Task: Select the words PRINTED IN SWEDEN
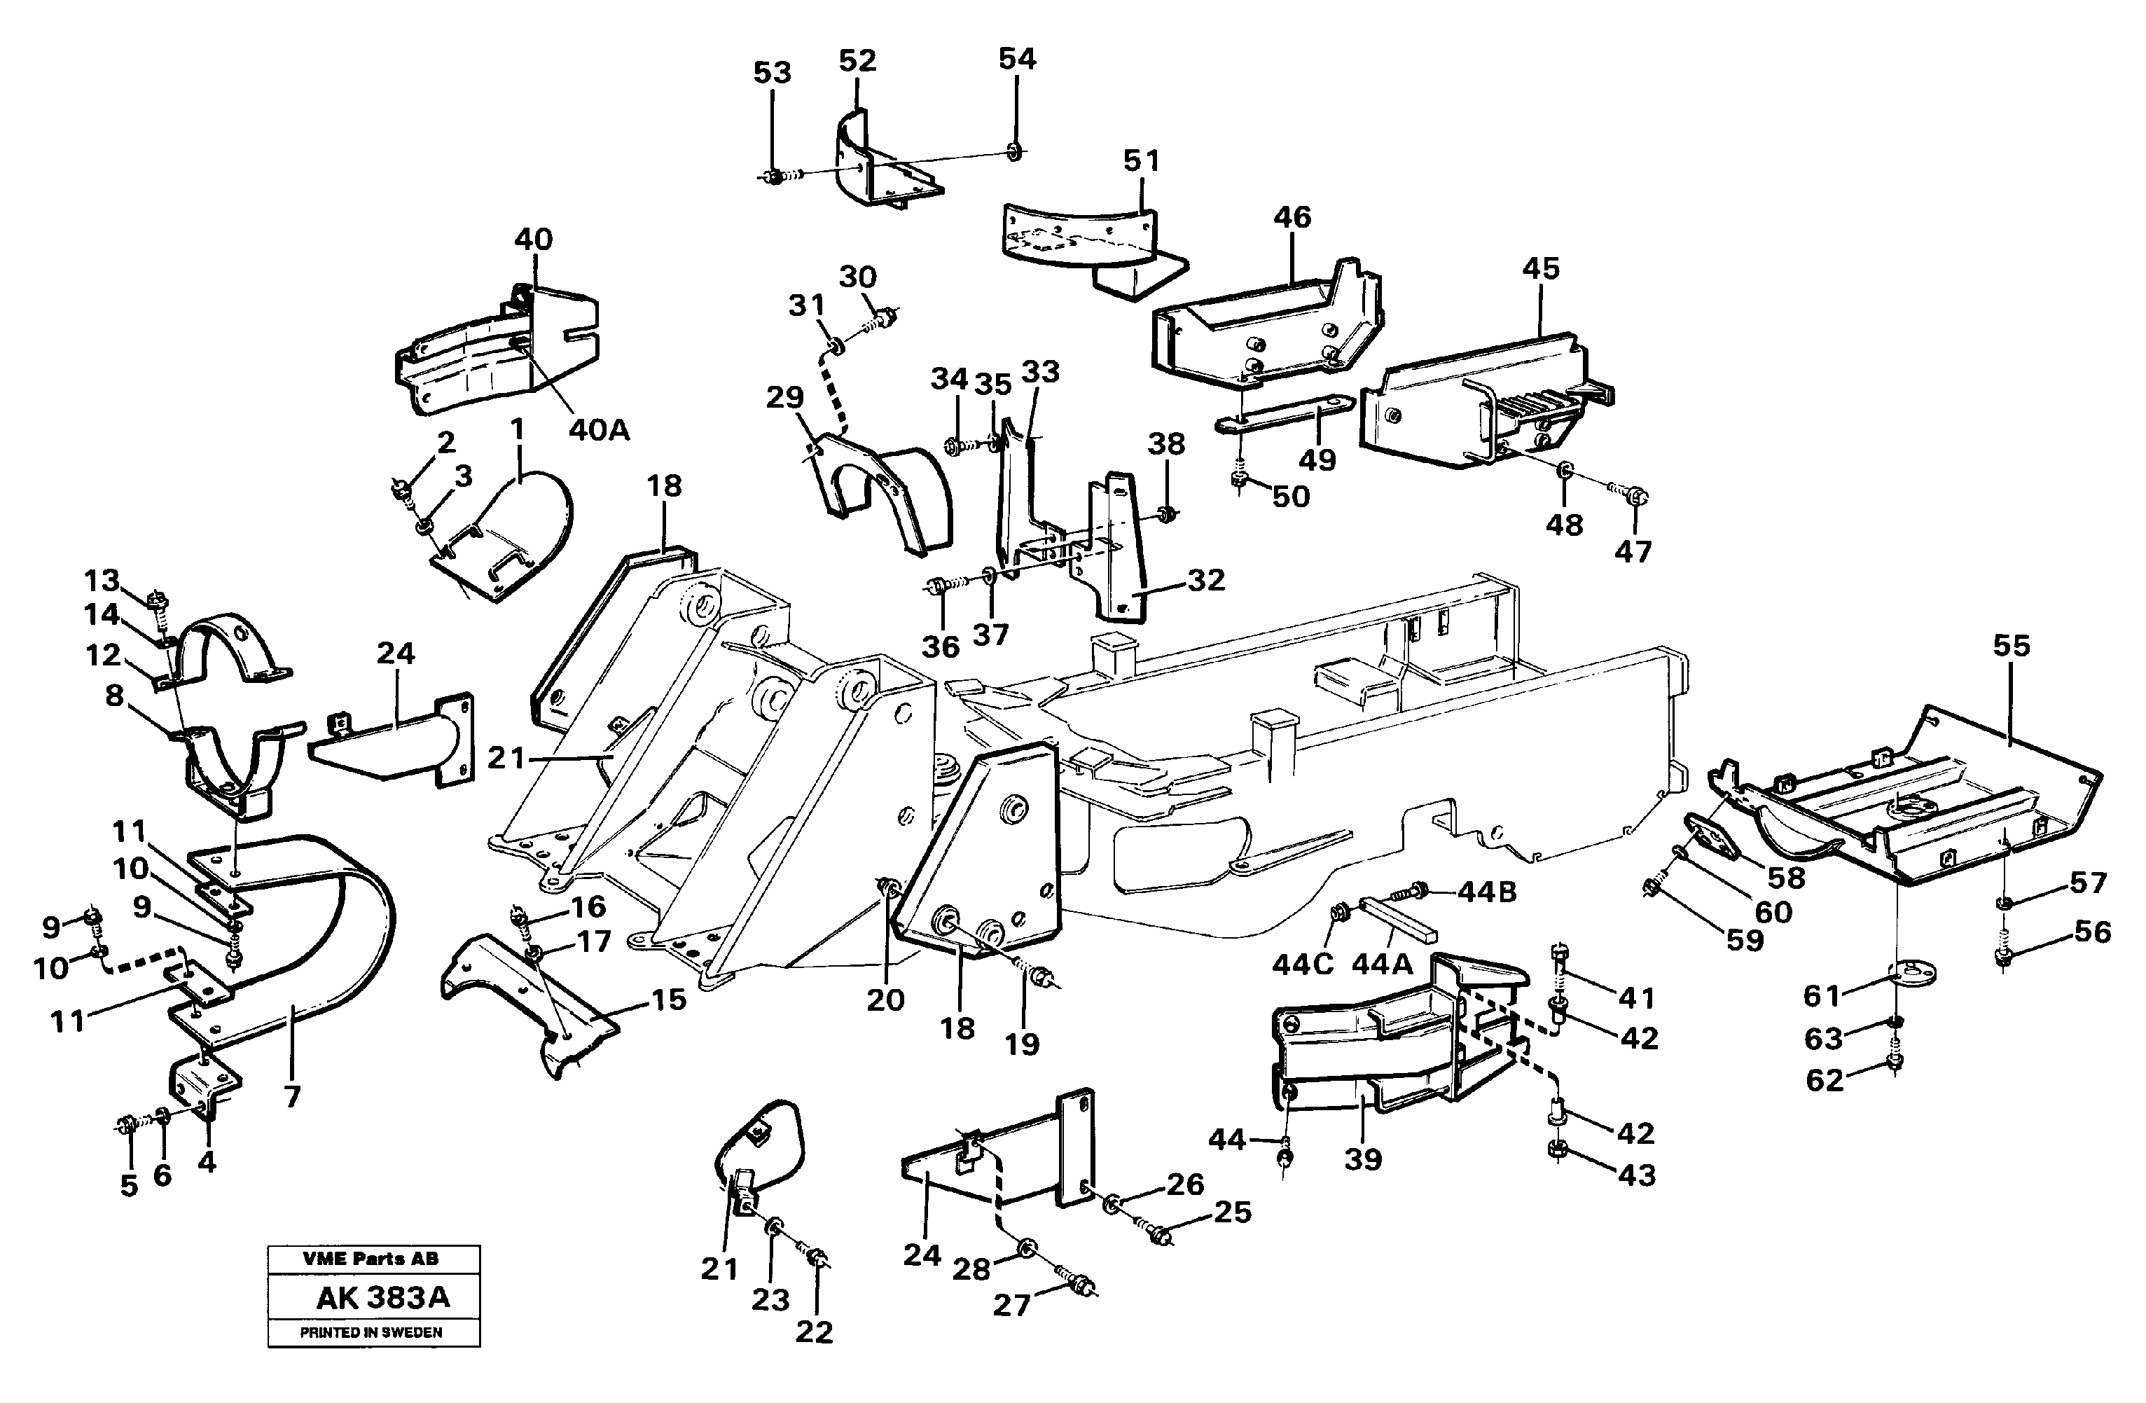[x=371, y=1333]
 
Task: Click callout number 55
[x=2011, y=646]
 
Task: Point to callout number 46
[x=1292, y=216]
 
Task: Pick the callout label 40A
[x=599, y=430]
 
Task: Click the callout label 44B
[x=1487, y=892]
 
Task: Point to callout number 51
[x=1141, y=160]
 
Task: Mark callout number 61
[x=1820, y=995]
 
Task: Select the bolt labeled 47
[x=1638, y=495]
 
